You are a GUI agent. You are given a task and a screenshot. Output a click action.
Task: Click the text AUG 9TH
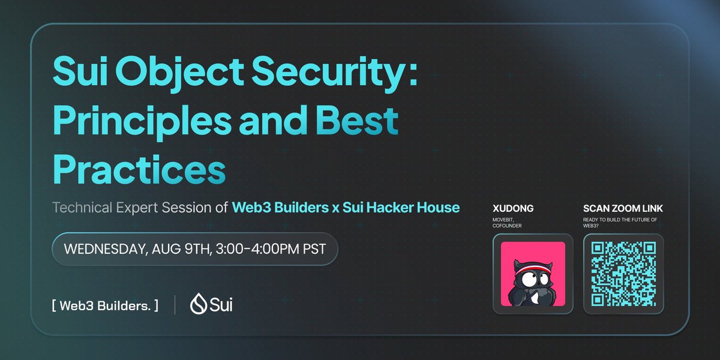(x=175, y=248)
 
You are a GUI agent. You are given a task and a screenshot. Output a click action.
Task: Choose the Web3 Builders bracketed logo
(x=105, y=305)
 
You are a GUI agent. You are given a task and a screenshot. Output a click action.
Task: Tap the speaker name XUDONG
(x=513, y=209)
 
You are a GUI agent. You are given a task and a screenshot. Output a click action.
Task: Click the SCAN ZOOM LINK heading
(x=623, y=209)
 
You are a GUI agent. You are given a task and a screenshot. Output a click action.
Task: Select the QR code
(x=623, y=274)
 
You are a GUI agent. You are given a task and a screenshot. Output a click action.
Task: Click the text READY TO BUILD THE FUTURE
(x=619, y=220)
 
